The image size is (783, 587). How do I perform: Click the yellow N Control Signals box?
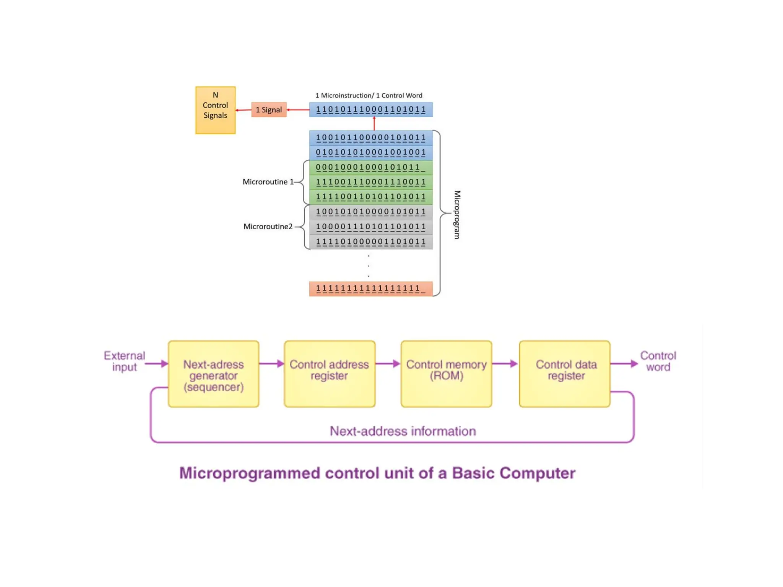tap(215, 110)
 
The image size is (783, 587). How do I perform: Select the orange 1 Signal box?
tap(269, 110)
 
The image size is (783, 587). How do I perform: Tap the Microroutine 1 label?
tap(268, 182)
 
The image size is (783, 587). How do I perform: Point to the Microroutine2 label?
tap(268, 227)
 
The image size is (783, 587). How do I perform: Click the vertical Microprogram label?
tap(457, 214)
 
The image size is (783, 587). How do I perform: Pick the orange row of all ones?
tap(370, 289)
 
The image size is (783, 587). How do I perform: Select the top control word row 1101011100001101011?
tap(370, 110)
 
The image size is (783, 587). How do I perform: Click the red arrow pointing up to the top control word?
tap(374, 123)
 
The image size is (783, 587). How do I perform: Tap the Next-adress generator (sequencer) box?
tap(213, 374)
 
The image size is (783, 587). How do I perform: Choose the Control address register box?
tap(329, 374)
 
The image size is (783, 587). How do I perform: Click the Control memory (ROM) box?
tap(446, 374)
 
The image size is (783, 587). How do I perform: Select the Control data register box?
tap(564, 374)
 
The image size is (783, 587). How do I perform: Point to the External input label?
tap(124, 361)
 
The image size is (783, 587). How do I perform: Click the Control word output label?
tap(658, 361)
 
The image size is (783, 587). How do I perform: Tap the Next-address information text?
tap(403, 431)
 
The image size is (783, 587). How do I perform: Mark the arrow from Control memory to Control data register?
tap(505, 364)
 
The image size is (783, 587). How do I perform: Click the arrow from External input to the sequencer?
tap(157, 364)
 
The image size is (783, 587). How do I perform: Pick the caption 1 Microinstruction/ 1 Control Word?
tap(369, 96)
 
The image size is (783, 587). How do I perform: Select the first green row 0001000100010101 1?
tap(370, 167)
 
